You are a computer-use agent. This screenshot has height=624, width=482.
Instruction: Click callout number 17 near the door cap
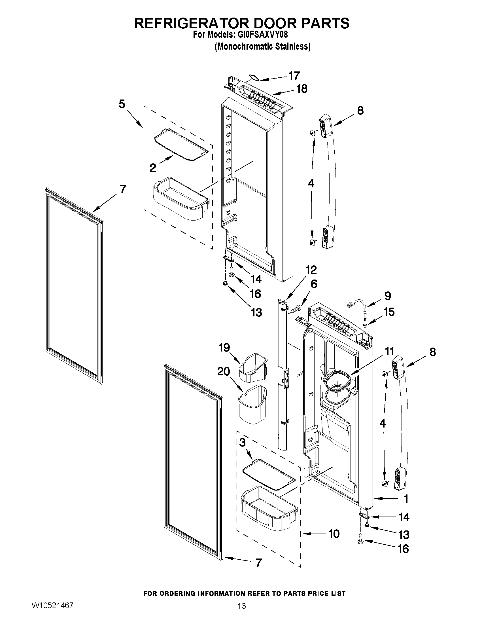(x=294, y=76)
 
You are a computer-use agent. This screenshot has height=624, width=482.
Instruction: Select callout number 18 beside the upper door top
(x=301, y=89)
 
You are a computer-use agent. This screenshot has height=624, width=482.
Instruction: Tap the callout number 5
(x=122, y=104)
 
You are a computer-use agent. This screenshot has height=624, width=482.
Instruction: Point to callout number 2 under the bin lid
(x=153, y=168)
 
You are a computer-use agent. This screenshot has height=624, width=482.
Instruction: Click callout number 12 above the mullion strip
(x=311, y=269)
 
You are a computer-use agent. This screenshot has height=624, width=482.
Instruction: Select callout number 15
(x=389, y=312)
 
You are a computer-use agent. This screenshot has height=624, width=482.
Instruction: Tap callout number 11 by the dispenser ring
(x=389, y=351)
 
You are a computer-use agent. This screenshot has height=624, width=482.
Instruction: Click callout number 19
(x=224, y=348)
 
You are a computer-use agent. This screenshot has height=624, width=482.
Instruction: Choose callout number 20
(x=224, y=371)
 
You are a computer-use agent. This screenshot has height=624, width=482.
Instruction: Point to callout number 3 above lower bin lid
(x=242, y=443)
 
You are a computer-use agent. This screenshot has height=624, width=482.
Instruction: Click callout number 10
(x=334, y=534)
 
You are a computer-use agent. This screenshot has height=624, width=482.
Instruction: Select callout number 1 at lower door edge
(x=406, y=499)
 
